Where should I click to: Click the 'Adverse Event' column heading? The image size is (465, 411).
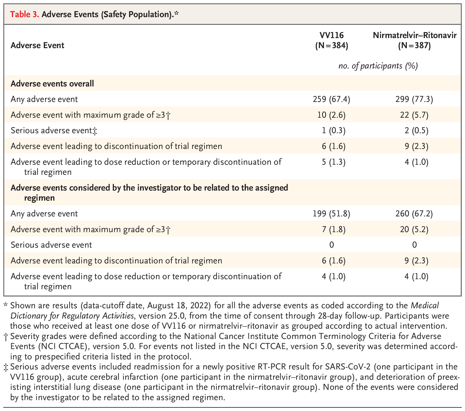(x=37, y=45)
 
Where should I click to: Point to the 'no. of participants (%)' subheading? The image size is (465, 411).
(x=378, y=66)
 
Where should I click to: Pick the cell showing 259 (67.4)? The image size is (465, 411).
(x=332, y=99)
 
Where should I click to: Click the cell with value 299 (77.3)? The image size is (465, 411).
(x=414, y=99)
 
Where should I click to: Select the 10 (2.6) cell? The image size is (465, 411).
(x=332, y=115)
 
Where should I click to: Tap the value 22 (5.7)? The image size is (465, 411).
(x=414, y=115)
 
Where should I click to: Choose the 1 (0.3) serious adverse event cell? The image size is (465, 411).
(x=334, y=131)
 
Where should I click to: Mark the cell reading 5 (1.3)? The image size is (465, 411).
(x=334, y=162)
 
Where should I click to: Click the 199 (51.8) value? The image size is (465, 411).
(x=332, y=214)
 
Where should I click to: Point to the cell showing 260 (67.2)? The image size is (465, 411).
(x=414, y=214)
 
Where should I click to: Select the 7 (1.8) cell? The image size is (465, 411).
(x=334, y=229)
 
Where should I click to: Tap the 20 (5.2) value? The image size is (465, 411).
(x=414, y=229)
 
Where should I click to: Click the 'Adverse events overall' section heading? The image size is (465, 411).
(x=52, y=83)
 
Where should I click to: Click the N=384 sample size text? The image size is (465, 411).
(x=332, y=46)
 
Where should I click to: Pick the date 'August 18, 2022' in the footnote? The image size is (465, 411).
(x=179, y=306)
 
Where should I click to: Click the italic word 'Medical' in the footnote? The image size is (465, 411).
(x=425, y=306)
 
